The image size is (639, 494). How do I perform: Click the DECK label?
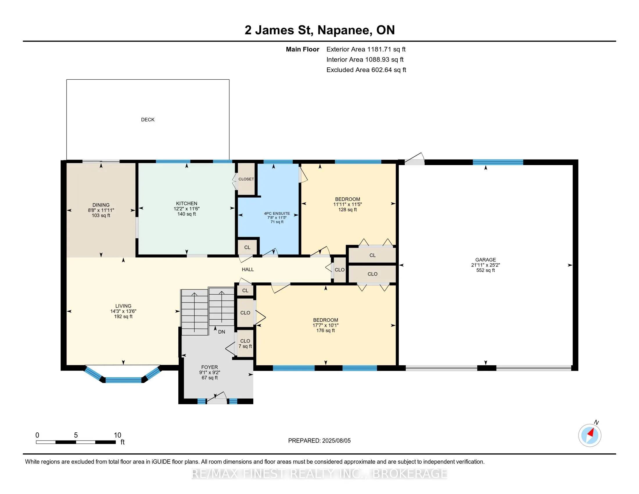click(x=148, y=119)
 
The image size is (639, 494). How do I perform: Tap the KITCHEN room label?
click(x=187, y=203)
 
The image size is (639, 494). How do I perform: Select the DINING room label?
click(x=101, y=205)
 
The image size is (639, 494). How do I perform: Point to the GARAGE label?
click(x=486, y=259)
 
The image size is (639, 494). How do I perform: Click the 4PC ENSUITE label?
click(x=277, y=214)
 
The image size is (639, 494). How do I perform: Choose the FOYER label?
click(x=209, y=367)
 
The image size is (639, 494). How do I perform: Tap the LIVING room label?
click(x=123, y=306)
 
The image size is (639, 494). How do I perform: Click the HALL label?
click(x=248, y=269)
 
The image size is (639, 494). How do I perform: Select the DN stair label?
click(x=222, y=332)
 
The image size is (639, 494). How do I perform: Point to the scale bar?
click(x=76, y=442)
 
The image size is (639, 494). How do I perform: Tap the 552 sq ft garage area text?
click(x=486, y=270)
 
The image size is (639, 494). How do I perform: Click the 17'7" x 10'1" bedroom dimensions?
click(x=326, y=325)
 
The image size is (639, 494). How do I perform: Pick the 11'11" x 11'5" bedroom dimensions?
click(x=348, y=204)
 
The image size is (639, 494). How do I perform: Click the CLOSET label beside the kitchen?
click(x=246, y=179)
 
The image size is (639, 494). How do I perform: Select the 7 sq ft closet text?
click(x=245, y=346)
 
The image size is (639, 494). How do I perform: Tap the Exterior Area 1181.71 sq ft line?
click(x=366, y=49)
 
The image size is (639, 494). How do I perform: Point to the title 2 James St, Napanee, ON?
click(x=320, y=30)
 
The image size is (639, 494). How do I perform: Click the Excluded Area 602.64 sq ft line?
click(x=366, y=70)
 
